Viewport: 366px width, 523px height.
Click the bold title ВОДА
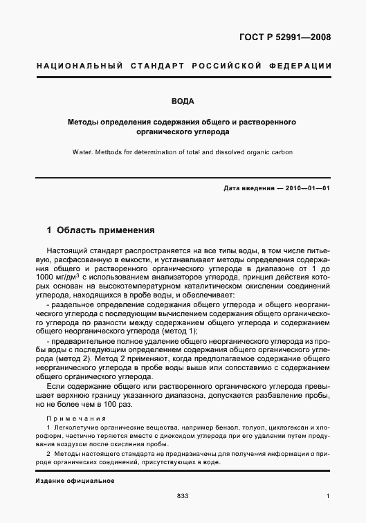point(183,101)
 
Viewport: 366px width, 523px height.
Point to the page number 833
point(183,496)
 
